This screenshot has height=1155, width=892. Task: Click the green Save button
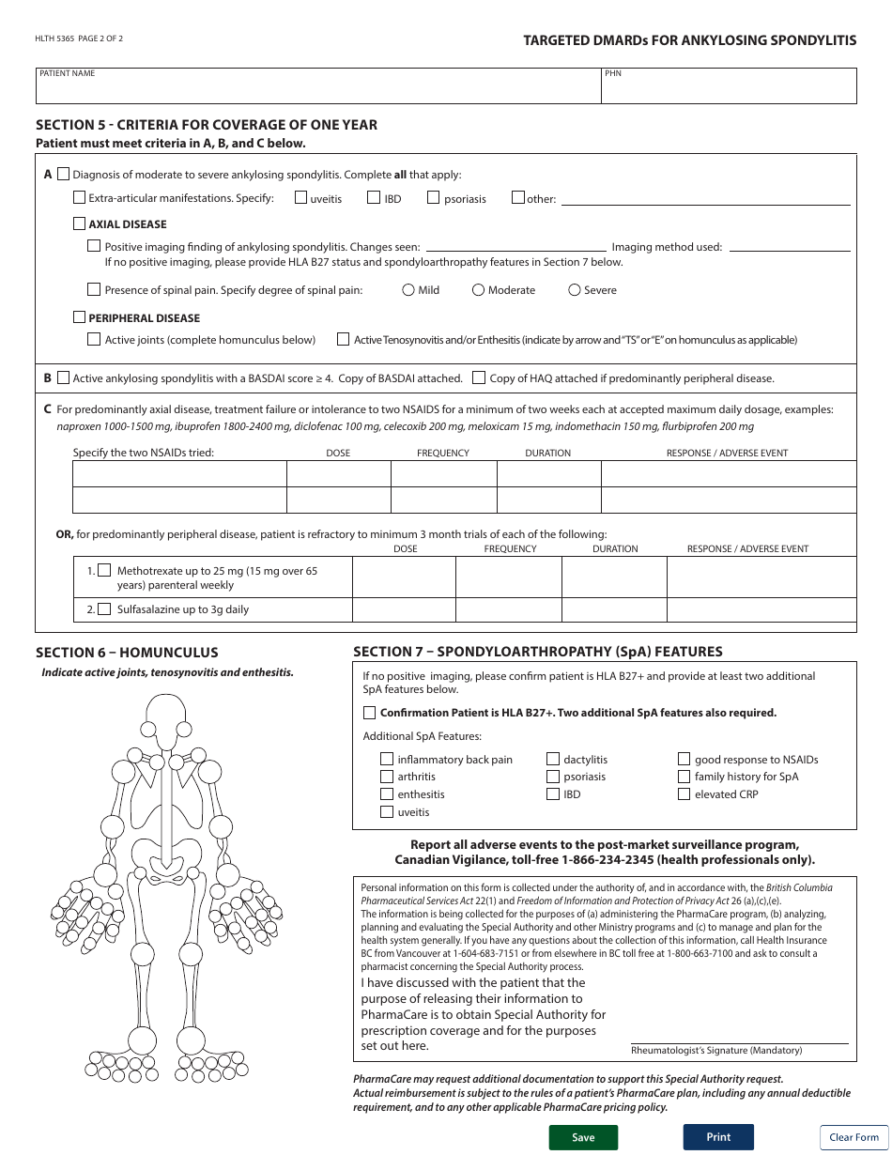[x=583, y=1137]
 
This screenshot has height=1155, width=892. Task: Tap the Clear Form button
[x=854, y=1137]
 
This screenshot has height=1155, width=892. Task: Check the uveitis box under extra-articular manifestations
[x=301, y=198]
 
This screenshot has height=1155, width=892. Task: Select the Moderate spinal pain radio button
[x=478, y=290]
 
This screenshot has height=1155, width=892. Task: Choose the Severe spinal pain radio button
[x=575, y=290]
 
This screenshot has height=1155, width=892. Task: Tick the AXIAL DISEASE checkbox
[x=80, y=224]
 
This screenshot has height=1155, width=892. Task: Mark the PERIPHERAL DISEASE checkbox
[x=80, y=318]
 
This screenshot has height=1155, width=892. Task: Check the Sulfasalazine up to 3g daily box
[x=104, y=609]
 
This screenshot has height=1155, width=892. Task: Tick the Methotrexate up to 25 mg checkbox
[x=104, y=570]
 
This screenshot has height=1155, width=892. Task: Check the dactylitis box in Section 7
[x=553, y=760]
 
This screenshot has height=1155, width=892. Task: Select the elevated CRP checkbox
[x=684, y=794]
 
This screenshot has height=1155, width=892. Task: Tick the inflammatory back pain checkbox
[x=387, y=760]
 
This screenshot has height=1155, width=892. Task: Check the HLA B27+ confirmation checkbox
[x=370, y=713]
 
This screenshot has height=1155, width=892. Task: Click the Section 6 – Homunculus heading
[x=127, y=653]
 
